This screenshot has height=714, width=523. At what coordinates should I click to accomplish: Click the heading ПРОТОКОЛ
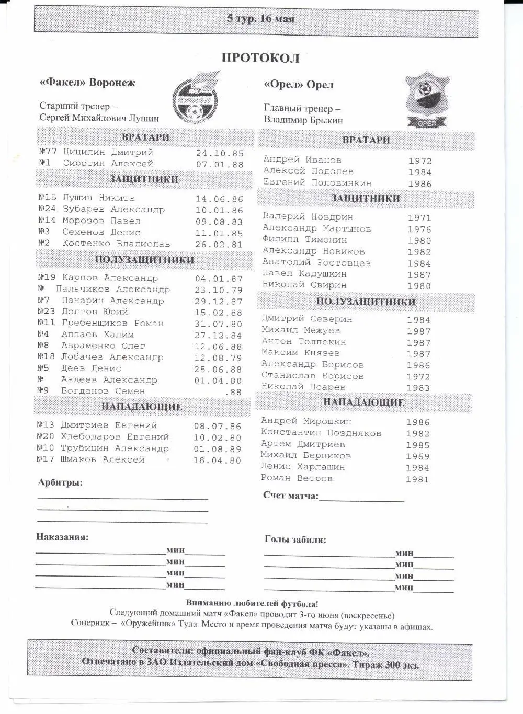point(260,57)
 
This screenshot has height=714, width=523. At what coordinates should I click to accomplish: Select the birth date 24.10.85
point(220,153)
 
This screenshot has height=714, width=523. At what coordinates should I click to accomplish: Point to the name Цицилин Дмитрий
point(108,152)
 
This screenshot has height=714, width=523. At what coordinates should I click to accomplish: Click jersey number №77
point(48,152)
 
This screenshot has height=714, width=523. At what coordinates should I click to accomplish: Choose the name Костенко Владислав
point(116,244)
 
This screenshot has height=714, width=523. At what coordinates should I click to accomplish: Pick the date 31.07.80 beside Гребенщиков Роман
point(218,324)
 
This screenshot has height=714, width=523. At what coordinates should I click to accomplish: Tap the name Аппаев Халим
point(97,335)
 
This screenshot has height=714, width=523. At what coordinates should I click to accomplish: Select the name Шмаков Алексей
point(103,460)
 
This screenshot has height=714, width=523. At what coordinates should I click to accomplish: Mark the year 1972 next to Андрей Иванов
point(420,161)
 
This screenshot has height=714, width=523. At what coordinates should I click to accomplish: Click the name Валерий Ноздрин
point(308,217)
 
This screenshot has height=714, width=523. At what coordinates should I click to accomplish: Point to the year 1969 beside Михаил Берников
point(417,457)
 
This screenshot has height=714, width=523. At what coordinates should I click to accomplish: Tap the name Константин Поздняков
point(321,433)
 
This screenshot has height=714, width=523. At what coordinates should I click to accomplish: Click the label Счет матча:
point(290,496)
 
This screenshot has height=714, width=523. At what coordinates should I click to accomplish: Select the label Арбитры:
point(60,483)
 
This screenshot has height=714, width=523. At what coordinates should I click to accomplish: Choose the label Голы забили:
point(295,540)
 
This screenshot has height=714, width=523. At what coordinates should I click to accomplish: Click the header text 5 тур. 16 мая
point(260,19)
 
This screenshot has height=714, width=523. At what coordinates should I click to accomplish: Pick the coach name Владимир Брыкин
point(303,120)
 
